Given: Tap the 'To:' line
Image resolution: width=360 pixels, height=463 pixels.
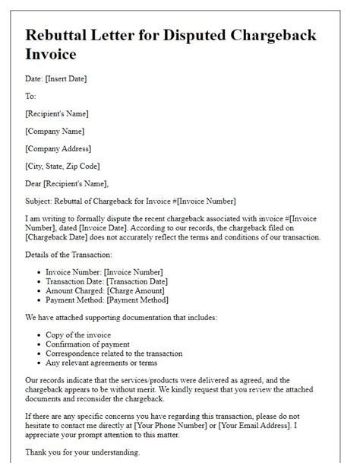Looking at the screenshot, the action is [x=31, y=97].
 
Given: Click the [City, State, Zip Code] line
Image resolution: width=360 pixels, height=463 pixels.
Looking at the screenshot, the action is [x=63, y=166].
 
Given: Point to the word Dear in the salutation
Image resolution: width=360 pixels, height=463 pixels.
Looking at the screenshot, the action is [x=35, y=183].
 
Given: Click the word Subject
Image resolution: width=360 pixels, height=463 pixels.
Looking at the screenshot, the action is [x=41, y=201].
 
